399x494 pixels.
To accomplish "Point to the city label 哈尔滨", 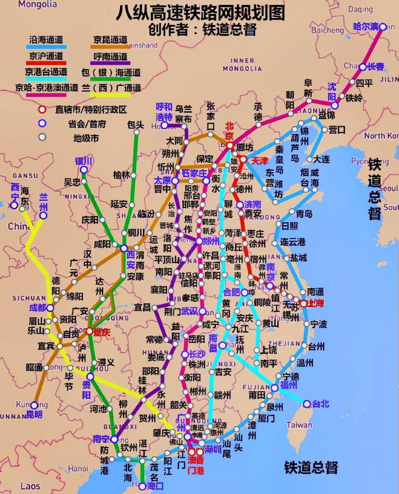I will coord(366,26).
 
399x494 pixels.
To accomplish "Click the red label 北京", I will coord(229,131).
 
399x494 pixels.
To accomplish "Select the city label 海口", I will coord(155,486).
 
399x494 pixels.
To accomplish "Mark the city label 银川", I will coord(84,161).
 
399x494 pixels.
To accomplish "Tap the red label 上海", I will coord(315,303).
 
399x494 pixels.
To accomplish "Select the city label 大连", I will coord(322,159).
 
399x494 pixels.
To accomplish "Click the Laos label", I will coord(30,485).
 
